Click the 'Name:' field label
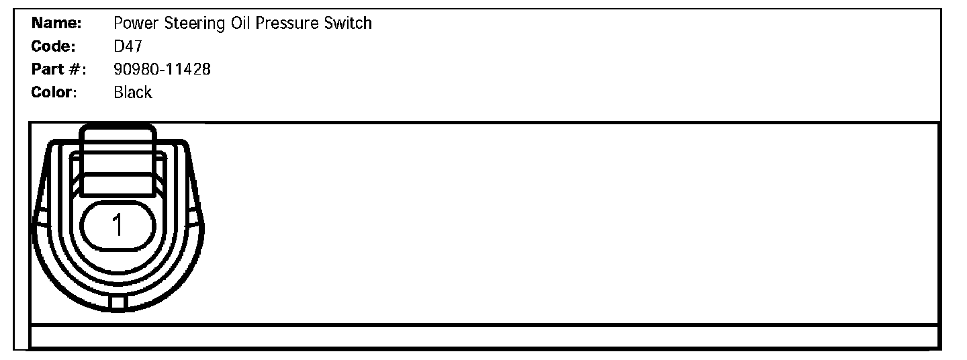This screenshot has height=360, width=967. point(56,24)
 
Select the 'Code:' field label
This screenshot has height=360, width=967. point(54,47)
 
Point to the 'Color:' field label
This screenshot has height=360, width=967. point(54,92)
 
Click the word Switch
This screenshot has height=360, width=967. point(349,24)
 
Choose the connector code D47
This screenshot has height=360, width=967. point(127,47)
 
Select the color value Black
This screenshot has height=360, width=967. point(133,92)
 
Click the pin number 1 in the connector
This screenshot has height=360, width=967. point(118,226)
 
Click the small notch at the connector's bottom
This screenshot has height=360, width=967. point(118,304)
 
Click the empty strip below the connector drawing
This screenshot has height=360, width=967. point(483,336)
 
